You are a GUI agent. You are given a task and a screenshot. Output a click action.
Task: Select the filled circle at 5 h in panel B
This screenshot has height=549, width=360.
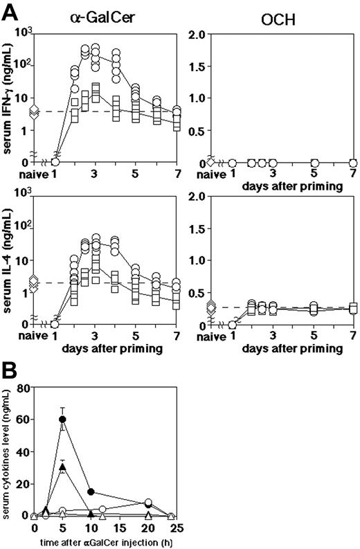pyautogui.click(x=63, y=420)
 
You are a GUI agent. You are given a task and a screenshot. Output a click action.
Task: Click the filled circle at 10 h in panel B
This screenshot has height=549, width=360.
pyautogui.click(x=91, y=492)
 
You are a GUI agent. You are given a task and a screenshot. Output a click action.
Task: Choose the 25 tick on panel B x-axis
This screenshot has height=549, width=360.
pyautogui.click(x=175, y=528)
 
